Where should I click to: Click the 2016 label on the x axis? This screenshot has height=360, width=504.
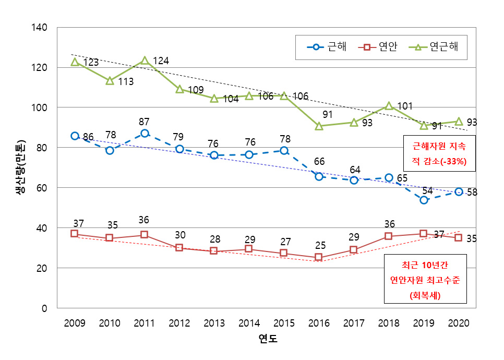(319, 323)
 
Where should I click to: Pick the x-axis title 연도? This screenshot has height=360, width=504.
(268, 339)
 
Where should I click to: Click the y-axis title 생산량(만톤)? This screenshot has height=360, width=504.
(19, 167)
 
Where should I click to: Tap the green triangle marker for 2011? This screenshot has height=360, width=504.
(145, 61)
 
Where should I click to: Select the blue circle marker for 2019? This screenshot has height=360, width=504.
(424, 200)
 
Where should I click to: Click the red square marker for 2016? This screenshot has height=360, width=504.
(319, 257)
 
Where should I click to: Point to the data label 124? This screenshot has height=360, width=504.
(161, 62)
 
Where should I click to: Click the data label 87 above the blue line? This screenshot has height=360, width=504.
(145, 122)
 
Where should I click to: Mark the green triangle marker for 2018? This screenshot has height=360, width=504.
(389, 106)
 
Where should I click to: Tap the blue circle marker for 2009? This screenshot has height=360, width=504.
(75, 136)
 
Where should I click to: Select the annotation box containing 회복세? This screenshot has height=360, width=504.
(425, 280)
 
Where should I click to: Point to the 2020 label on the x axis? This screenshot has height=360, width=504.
(459, 323)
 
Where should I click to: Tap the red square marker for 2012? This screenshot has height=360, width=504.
(179, 248)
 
